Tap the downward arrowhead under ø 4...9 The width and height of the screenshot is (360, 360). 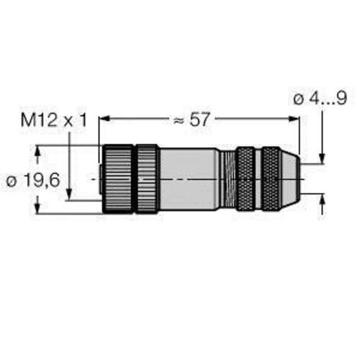323,158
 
